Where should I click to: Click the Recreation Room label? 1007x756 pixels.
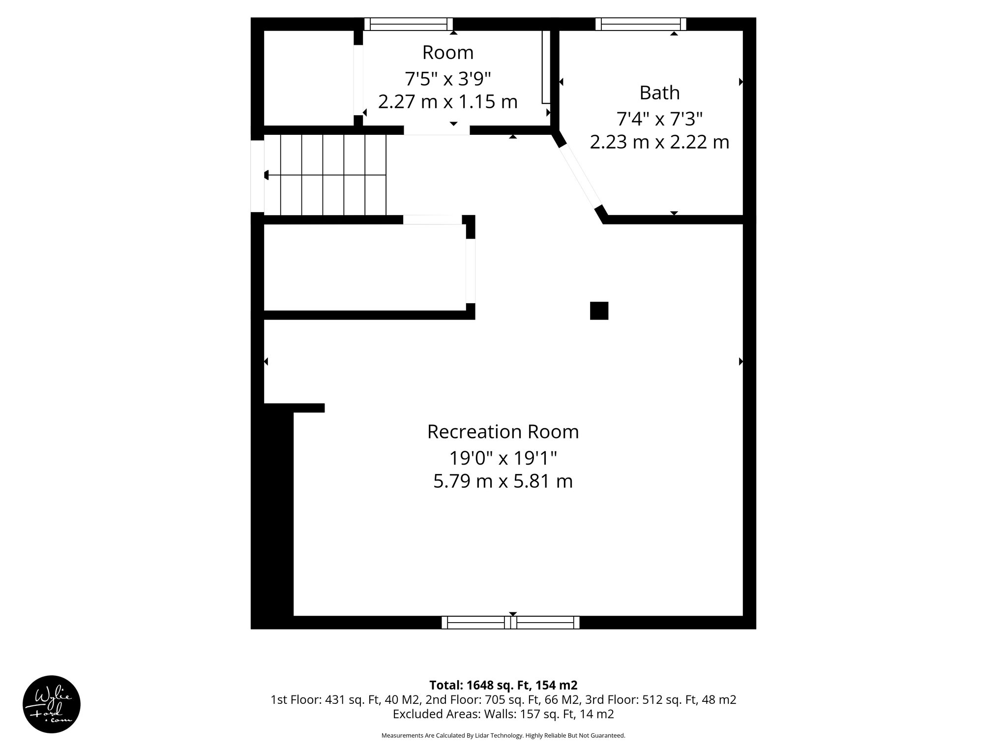click(x=503, y=432)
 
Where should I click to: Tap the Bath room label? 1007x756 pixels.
click(x=659, y=93)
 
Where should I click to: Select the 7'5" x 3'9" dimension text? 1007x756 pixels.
click(x=447, y=78)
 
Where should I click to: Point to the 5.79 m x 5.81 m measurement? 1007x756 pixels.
click(x=503, y=481)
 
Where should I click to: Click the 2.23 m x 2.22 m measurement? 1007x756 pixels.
click(x=659, y=142)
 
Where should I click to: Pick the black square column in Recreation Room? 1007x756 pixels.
click(x=599, y=311)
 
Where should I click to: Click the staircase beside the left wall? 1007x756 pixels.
click(x=326, y=175)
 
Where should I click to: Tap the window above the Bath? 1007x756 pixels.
click(x=640, y=24)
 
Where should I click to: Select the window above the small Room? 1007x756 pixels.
click(x=408, y=24)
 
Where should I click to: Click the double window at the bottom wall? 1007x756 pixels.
click(x=510, y=623)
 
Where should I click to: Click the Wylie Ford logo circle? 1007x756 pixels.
click(x=51, y=704)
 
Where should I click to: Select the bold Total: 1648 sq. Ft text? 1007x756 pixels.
click(x=503, y=685)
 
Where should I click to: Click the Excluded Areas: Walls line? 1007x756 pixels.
click(x=503, y=714)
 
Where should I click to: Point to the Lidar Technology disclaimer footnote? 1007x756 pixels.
click(x=503, y=735)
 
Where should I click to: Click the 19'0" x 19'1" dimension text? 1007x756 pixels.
click(x=503, y=458)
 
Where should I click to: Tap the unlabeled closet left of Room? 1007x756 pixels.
click(x=309, y=78)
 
